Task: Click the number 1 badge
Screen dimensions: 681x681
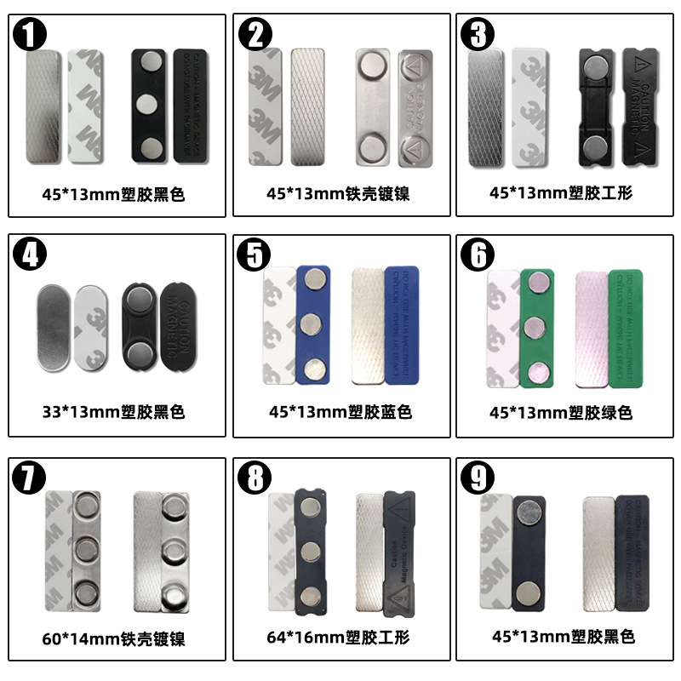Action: [x=31, y=35]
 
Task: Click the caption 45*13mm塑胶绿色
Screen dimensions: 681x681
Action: [x=565, y=412]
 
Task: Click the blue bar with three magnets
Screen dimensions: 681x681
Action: [x=312, y=324]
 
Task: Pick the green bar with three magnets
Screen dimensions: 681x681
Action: [x=536, y=326]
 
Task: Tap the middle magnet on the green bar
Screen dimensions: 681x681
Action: [x=536, y=326]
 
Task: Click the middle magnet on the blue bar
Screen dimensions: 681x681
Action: [x=312, y=324]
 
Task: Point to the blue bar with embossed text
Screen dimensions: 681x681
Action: [x=401, y=323]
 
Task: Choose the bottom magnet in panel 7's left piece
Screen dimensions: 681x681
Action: [x=85, y=589]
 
